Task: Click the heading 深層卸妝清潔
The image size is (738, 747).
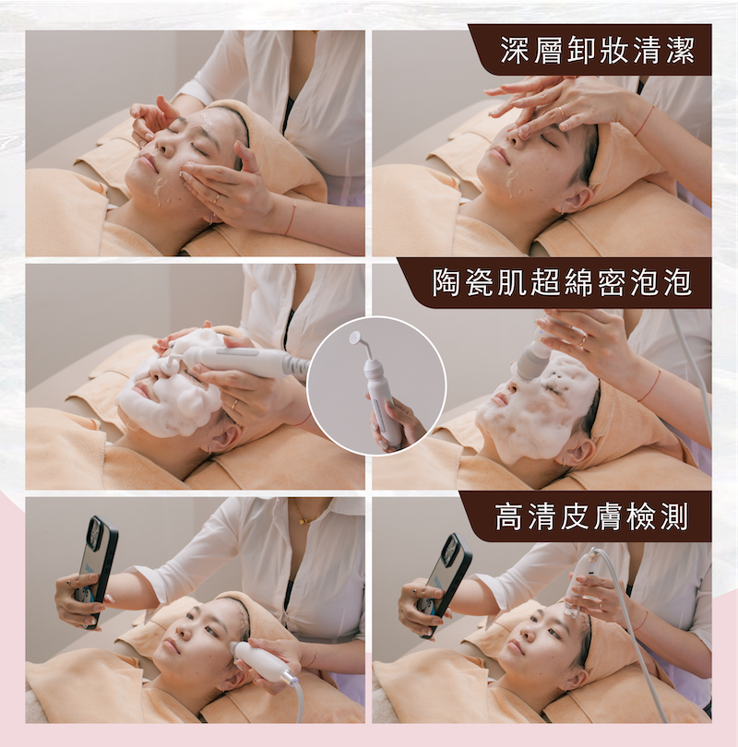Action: coord(598,50)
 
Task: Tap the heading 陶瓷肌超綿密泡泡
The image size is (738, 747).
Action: coord(562,282)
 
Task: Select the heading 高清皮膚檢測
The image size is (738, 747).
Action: coord(591,516)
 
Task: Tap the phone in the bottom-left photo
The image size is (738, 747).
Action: coord(97,571)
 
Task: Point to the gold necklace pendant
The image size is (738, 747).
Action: coord(302,521)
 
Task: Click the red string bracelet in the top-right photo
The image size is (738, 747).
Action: coord(645,122)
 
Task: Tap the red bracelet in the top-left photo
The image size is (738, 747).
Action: coord(291,217)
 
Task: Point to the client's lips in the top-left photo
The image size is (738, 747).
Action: coord(148,163)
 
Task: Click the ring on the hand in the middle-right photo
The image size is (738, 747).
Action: coord(584,341)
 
